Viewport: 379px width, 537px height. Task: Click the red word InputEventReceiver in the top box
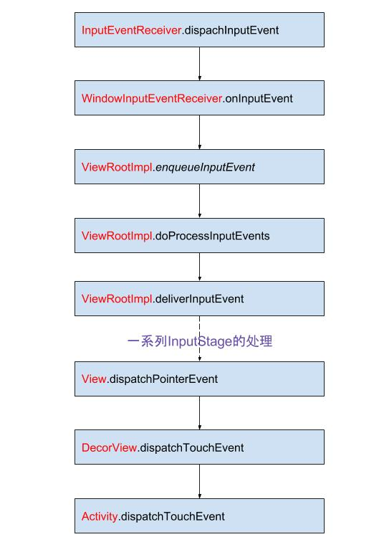[132, 31]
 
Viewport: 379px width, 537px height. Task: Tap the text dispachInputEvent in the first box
[231, 31]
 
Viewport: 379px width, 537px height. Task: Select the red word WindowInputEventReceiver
[152, 99]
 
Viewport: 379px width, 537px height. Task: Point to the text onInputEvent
[259, 99]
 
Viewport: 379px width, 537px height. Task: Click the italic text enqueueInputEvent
[205, 168]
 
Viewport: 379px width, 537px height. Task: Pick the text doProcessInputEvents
[212, 236]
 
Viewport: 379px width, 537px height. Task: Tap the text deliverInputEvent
[199, 299]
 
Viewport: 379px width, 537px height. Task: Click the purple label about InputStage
[200, 341]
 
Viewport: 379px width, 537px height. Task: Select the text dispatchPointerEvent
[163, 379]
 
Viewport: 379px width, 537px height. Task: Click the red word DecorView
[109, 447]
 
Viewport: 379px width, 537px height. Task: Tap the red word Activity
[100, 516]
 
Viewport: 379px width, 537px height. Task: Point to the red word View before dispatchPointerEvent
[94, 379]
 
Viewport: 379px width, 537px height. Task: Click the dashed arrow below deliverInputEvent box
[200, 338]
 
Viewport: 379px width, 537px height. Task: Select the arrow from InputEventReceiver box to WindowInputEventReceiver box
[200, 64]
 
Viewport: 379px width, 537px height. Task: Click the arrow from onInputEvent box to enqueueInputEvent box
[200, 132]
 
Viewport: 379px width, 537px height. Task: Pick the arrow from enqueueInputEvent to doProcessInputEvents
[200, 201]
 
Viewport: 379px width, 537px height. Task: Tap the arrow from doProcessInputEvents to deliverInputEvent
[200, 267]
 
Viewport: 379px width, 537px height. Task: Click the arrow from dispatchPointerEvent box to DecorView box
[200, 413]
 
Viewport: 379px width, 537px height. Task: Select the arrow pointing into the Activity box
[200, 482]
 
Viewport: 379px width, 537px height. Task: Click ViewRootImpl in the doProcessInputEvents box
[117, 236]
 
